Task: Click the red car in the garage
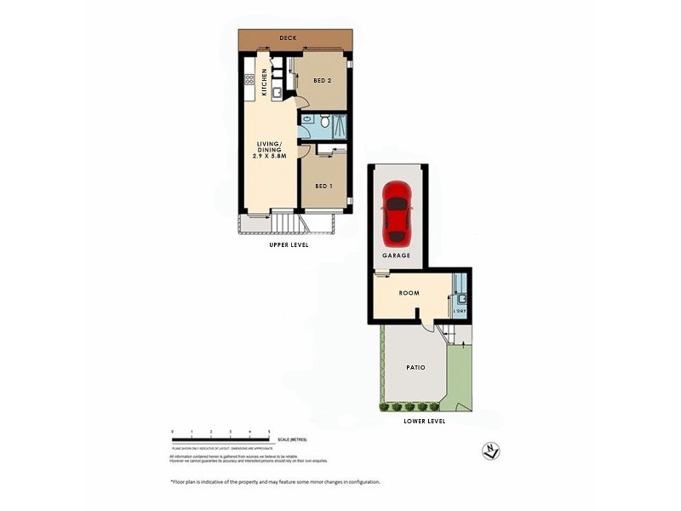pos(398,212)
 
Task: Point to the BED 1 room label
pos(323,187)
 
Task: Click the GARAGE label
pos(397,255)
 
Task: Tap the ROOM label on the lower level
pos(409,294)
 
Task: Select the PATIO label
pos(415,368)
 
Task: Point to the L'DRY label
pos(460,312)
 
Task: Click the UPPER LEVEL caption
pos(289,244)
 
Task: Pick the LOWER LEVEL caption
pos(425,422)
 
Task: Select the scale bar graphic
pos(220,439)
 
